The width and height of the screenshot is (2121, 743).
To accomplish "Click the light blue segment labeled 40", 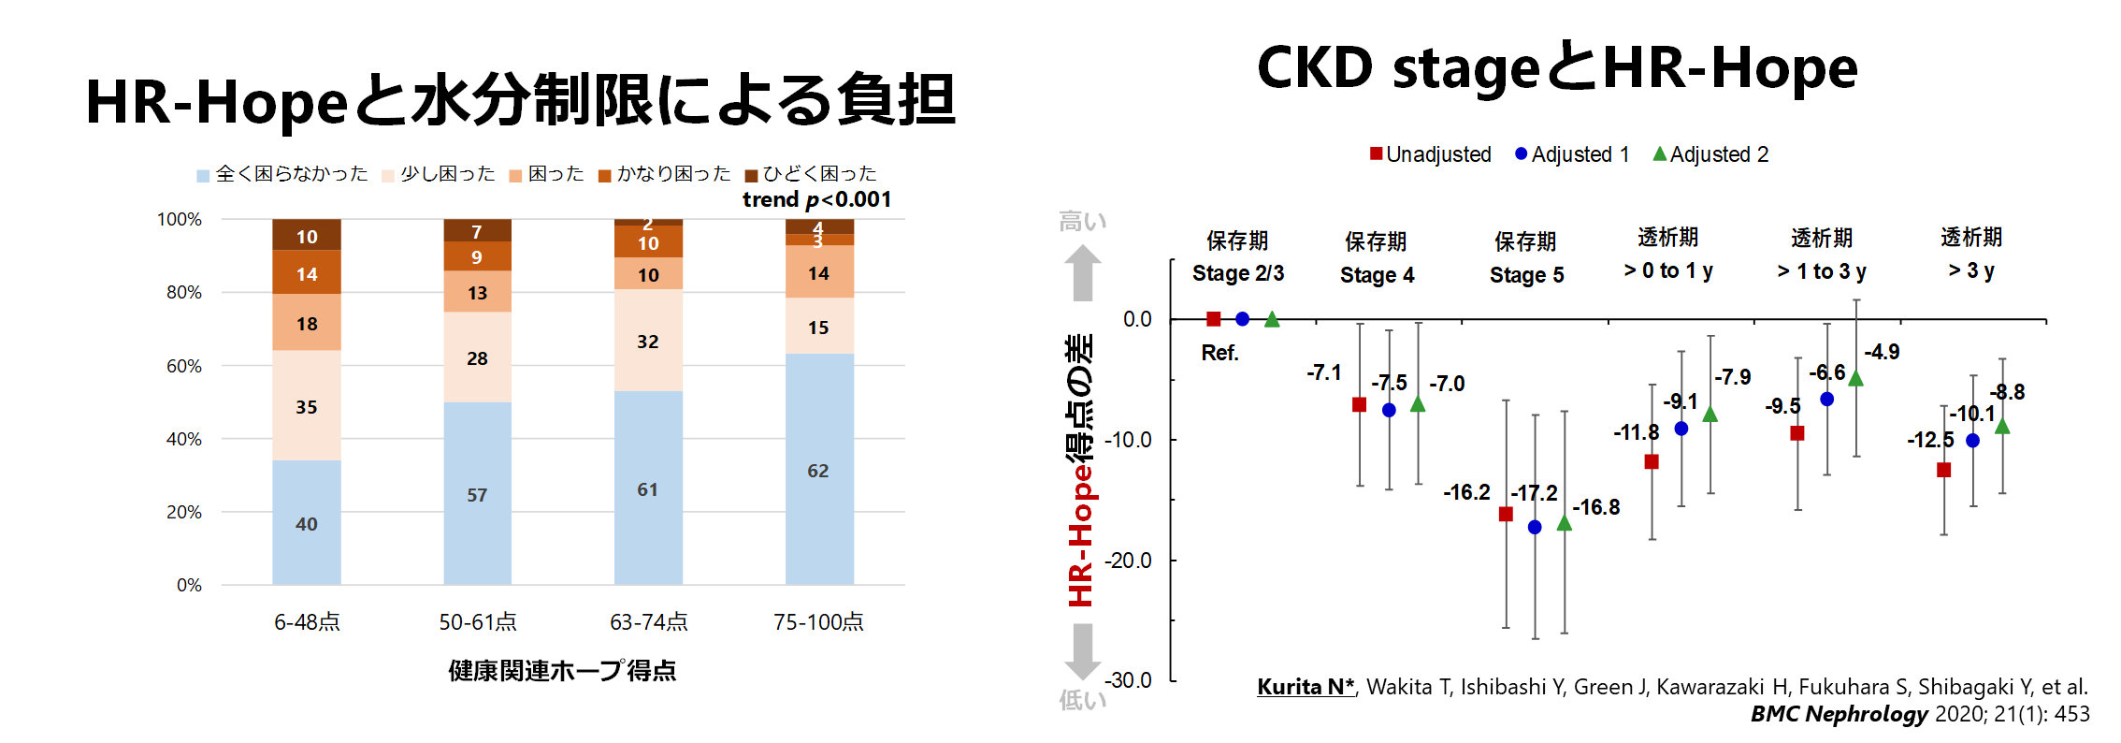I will coord(307,522).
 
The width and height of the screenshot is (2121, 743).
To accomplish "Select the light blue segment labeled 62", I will coord(818,470).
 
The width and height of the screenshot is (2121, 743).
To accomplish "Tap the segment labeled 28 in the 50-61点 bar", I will coord(477,357).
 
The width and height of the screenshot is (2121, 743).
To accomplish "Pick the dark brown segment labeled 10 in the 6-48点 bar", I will coord(307,236).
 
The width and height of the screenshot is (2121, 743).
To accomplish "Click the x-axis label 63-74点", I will coord(648,622).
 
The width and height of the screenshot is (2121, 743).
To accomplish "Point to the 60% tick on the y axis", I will coord(184,366).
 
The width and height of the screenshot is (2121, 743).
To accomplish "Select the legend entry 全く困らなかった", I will coord(281,174).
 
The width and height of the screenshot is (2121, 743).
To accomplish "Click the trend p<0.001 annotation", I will coord(816,199).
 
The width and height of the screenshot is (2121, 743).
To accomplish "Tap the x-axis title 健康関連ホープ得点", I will coord(562,671).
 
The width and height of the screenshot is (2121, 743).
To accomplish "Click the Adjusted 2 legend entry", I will coord(1710,154).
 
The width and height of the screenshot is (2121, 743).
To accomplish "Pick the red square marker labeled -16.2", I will coord(1506,514).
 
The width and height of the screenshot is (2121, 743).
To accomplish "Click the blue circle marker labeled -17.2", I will coord(1535,528).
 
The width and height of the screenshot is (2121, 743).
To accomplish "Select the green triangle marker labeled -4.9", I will coord(1856,379).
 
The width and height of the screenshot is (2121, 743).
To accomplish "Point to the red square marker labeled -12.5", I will coord(1943,470).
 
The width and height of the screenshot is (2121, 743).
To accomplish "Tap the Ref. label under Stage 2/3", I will coord(1219,353).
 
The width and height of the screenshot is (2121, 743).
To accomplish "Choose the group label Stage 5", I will coord(1526,275).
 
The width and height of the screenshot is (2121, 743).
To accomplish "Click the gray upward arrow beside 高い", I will coord(1082,272).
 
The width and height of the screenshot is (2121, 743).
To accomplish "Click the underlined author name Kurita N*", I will coord(1306,687).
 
